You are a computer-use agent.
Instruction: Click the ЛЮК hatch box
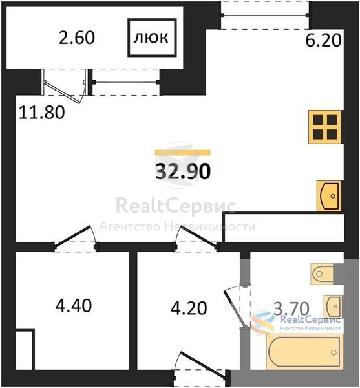(152, 38)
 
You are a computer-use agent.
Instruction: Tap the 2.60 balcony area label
(77, 38)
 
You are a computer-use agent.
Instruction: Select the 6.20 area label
(323, 41)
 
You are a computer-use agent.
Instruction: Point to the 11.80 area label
(42, 112)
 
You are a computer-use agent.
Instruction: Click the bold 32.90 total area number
(183, 171)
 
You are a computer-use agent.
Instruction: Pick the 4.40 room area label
(74, 305)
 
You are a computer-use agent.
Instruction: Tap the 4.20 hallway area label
(189, 308)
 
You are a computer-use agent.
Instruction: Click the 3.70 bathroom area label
(291, 308)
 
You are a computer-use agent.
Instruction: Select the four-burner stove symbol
(325, 127)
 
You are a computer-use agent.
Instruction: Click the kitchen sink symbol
(329, 196)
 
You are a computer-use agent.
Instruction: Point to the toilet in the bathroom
(322, 274)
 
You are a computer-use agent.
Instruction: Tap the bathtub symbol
(305, 352)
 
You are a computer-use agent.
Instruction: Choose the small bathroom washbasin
(333, 307)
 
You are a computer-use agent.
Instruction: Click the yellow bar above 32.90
(183, 153)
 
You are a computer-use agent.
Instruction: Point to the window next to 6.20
(265, 16)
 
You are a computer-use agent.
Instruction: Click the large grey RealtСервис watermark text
(176, 206)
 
